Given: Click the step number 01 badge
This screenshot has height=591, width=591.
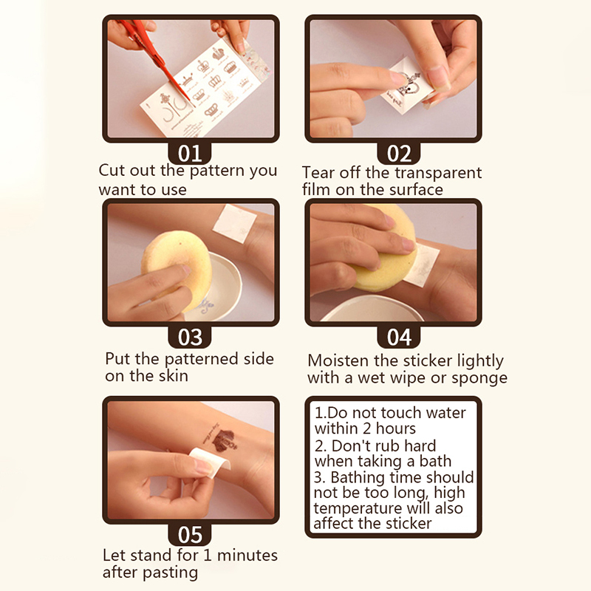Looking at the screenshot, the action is click(190, 154).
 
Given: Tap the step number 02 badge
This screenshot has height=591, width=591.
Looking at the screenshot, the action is click(399, 154).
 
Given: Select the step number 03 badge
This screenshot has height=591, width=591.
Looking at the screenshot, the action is click(190, 337).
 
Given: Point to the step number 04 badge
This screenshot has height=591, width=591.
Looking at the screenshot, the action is click(399, 337).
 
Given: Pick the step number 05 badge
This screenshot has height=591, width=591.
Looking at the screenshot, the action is click(190, 534).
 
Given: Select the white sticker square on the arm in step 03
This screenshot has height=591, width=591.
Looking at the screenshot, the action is click(235, 224).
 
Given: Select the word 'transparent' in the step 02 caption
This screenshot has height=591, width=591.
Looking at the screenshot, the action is click(438, 173).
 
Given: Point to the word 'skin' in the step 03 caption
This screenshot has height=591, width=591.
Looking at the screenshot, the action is click(173, 376).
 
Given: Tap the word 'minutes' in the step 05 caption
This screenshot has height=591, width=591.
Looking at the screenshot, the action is click(247, 556).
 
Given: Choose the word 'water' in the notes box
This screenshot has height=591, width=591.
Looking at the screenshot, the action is click(445, 413).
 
